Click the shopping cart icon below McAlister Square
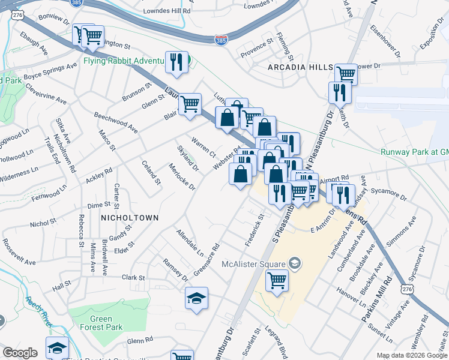pyautogui.click(x=277, y=280)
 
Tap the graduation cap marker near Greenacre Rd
pyautogui.click(x=196, y=299)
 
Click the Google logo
pyautogui.click(x=20, y=353)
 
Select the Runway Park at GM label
pyautogui.click(x=414, y=152)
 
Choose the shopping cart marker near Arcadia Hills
pyautogui.click(x=346, y=74)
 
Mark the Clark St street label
pyautogui.click(x=133, y=278)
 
